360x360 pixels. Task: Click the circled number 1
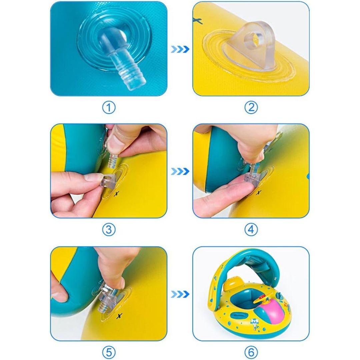[x=109, y=108]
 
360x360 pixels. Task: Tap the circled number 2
[x=251, y=108]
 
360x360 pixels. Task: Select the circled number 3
[x=109, y=230]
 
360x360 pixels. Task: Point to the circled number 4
[x=251, y=230]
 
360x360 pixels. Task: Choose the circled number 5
[x=109, y=352]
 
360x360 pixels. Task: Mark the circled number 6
[x=251, y=352]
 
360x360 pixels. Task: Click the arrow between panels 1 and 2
[x=180, y=49]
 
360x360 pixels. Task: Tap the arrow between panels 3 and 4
[x=180, y=171]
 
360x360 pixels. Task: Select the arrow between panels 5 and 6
[x=180, y=294]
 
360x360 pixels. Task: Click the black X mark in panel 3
[x=117, y=194]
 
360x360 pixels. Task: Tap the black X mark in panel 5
[x=119, y=316]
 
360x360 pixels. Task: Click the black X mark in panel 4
[x=259, y=192]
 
